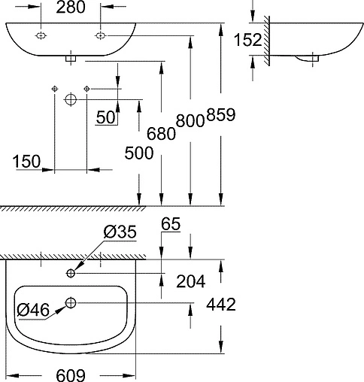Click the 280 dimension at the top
point(72,8)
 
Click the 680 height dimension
point(161,132)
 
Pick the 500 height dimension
point(140,153)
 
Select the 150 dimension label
point(27,162)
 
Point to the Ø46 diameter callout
point(32,309)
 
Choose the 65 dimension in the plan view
point(171,223)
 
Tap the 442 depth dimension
point(221,305)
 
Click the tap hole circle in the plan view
point(71,272)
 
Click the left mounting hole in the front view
point(41,35)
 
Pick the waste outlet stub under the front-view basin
point(71,56)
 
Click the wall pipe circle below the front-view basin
point(71,99)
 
